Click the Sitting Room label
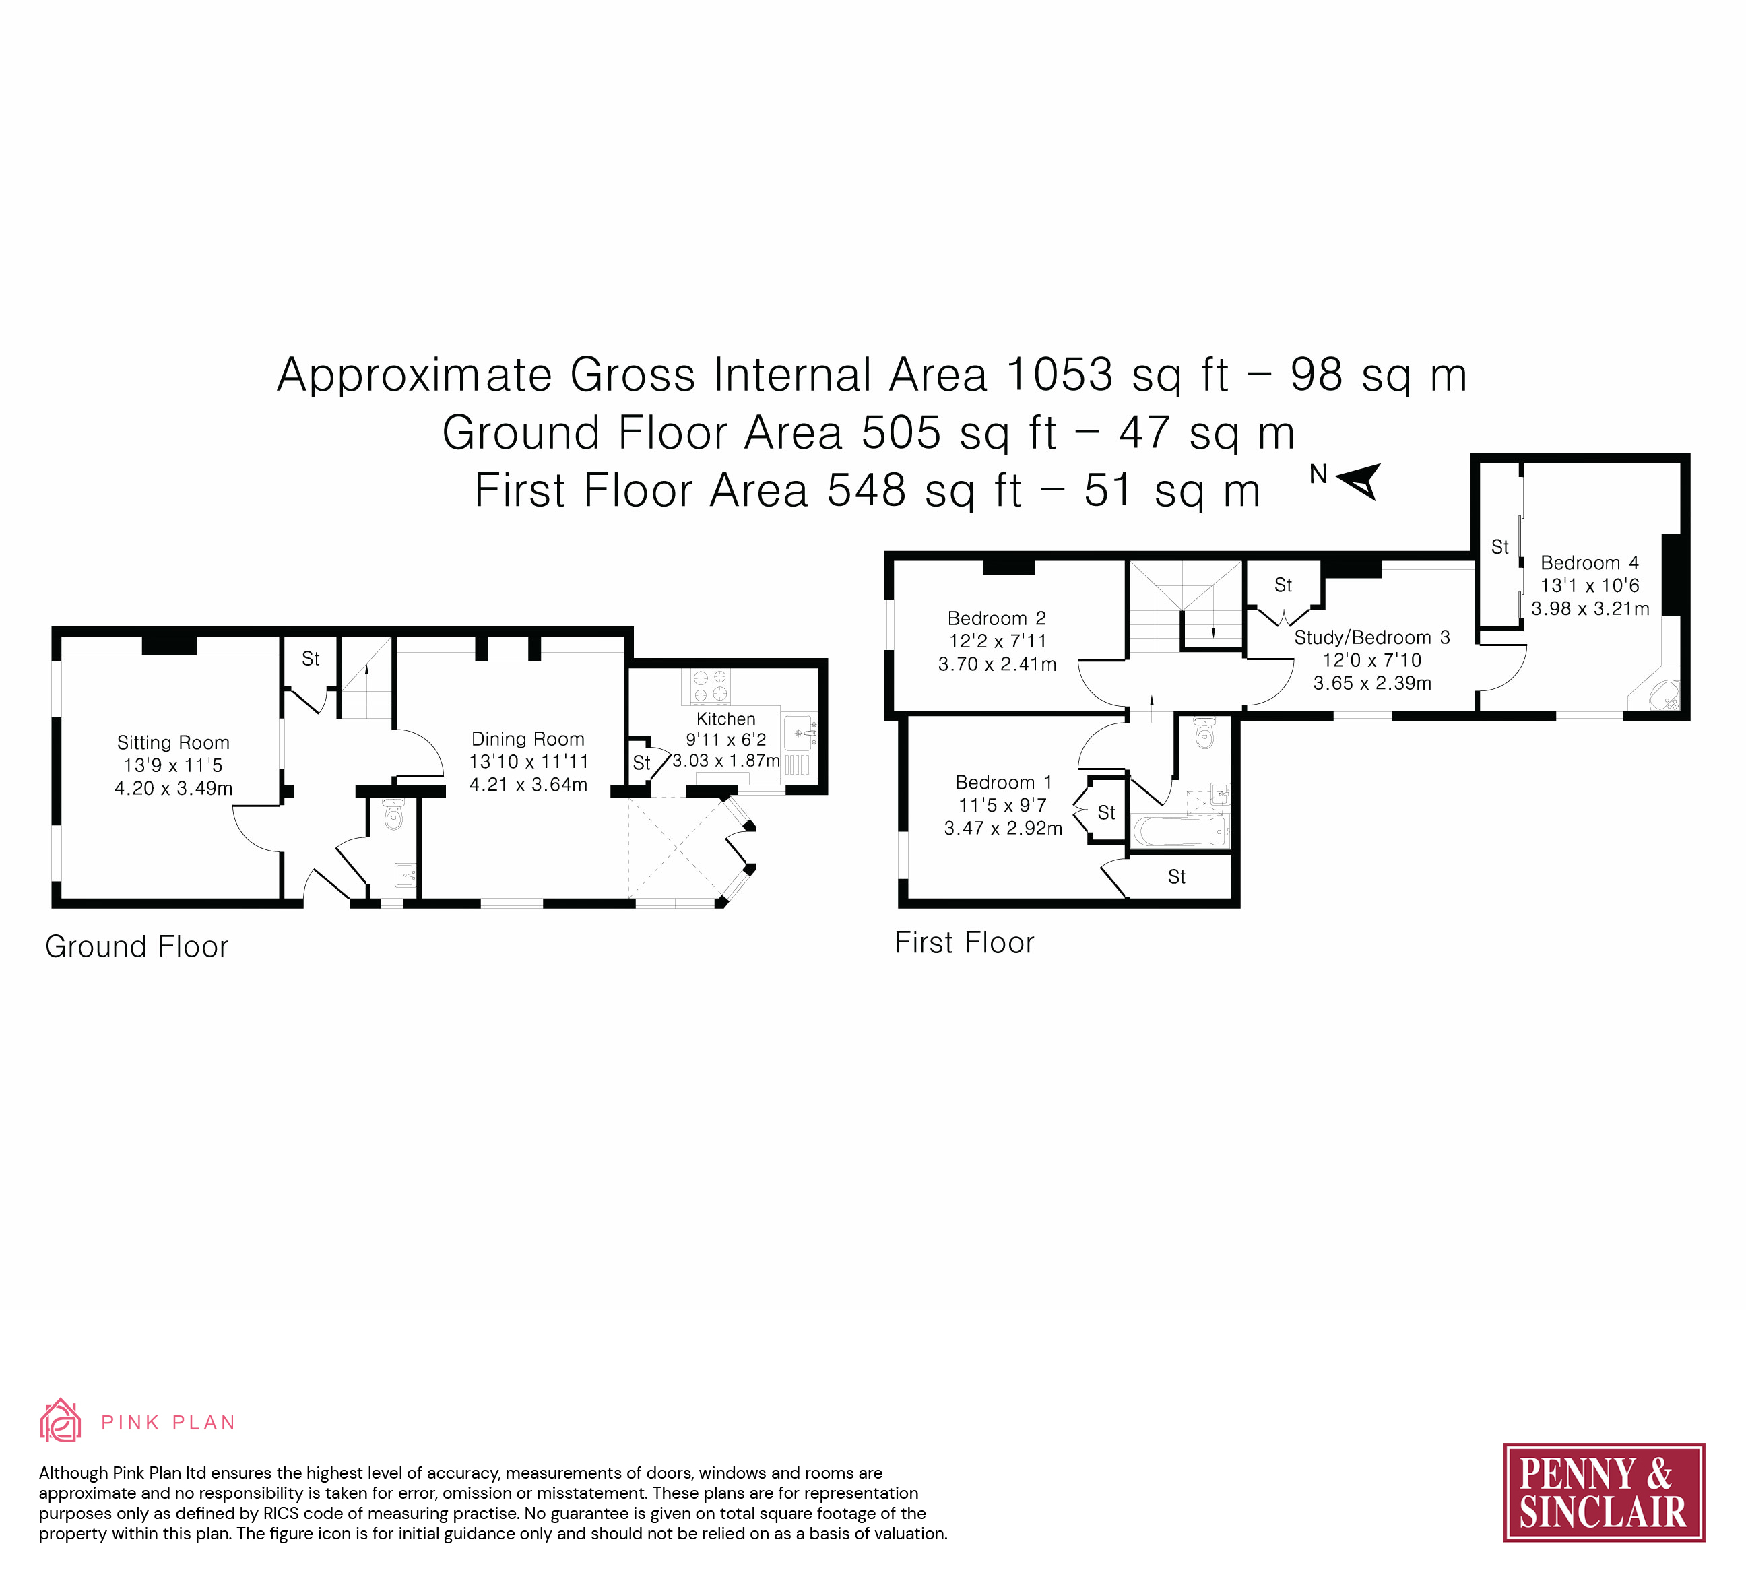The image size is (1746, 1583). [x=173, y=743]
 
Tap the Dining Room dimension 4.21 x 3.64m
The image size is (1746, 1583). [x=528, y=785]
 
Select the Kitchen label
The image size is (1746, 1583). [x=725, y=719]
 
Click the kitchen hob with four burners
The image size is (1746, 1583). [x=710, y=686]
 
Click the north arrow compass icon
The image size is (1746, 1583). [x=1356, y=480]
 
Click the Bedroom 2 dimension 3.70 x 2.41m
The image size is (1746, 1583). [x=997, y=664]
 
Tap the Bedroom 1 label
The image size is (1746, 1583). [x=1003, y=783]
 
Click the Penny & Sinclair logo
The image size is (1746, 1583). [x=1604, y=1492]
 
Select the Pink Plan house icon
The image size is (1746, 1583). [x=61, y=1420]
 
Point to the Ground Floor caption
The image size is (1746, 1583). [x=137, y=947]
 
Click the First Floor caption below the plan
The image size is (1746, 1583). [x=964, y=943]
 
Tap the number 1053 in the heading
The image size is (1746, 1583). [x=1058, y=375]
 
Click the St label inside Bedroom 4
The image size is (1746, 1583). [x=1500, y=547]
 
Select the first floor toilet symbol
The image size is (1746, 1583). [x=1204, y=734]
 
